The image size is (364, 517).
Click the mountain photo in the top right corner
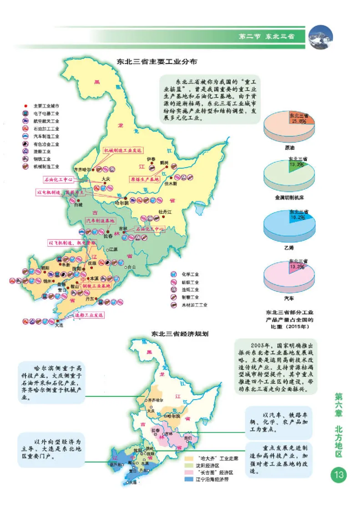(x=321, y=36)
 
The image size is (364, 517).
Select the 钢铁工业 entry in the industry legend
(x=42, y=159)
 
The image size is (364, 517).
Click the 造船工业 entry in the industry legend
(x=42, y=151)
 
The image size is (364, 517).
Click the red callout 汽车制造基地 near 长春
(x=101, y=221)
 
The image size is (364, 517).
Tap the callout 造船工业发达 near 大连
(x=89, y=315)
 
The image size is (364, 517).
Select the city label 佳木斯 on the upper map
(x=170, y=184)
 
